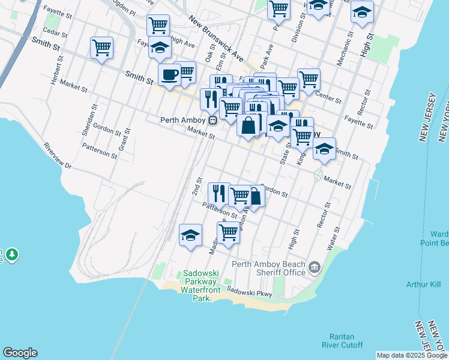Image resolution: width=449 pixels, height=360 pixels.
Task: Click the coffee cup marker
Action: pos(169,75)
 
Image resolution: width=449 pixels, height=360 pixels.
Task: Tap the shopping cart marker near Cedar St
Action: pos(101,48)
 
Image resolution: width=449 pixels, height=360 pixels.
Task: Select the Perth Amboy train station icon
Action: pos(213,120)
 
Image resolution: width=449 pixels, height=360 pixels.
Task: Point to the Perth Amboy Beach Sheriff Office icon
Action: pos(314,266)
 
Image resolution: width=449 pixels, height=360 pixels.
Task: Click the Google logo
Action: pos(20,353)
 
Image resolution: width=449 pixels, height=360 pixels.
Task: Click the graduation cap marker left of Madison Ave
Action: pos(190,235)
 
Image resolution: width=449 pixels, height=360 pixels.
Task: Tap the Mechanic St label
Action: pos(340,53)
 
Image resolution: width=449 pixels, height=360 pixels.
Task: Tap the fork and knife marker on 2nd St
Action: pos(219,193)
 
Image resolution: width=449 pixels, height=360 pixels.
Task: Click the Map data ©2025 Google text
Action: pos(412,355)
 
